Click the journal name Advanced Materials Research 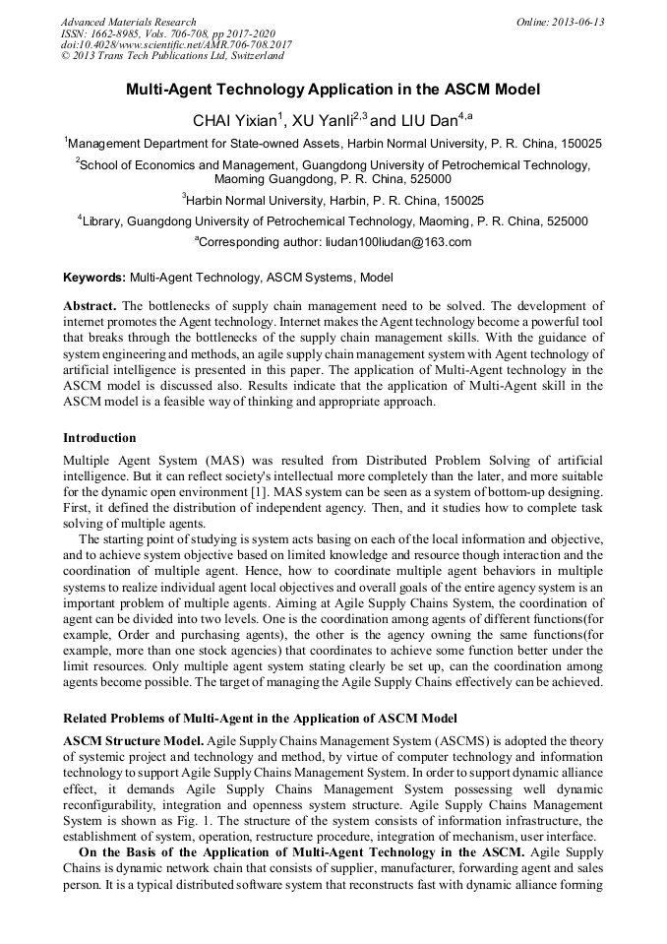pos(128,22)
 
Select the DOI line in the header pos(176,45)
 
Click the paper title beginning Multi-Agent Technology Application pos(333,90)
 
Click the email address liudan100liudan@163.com pos(398,242)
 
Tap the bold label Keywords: pos(94,279)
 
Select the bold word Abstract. pos(91,306)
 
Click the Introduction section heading pos(99,437)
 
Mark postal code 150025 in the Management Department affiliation pos(582,144)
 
